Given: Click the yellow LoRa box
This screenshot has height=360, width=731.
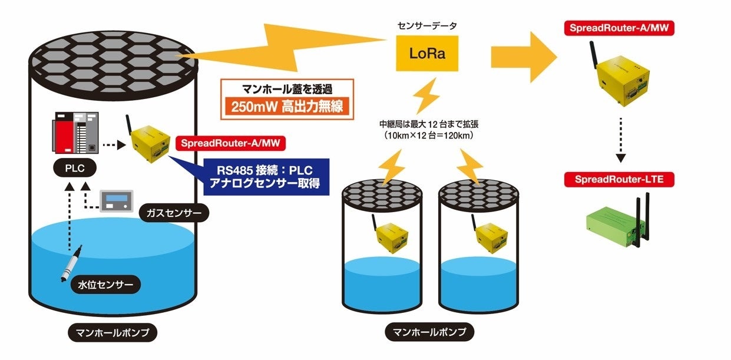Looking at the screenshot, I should click(427, 54).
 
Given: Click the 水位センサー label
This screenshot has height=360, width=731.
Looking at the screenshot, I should click(106, 286).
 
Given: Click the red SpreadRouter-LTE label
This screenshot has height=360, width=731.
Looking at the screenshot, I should click(618, 179).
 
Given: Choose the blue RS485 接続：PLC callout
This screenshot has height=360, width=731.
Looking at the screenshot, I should click(264, 176).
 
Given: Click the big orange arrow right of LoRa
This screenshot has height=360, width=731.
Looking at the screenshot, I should click(524, 57).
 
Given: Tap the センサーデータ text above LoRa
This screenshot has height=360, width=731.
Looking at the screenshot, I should click(427, 27).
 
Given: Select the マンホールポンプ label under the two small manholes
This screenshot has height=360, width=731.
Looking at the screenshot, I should click(429, 332).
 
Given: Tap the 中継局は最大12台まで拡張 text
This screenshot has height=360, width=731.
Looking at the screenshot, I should click(430, 125).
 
